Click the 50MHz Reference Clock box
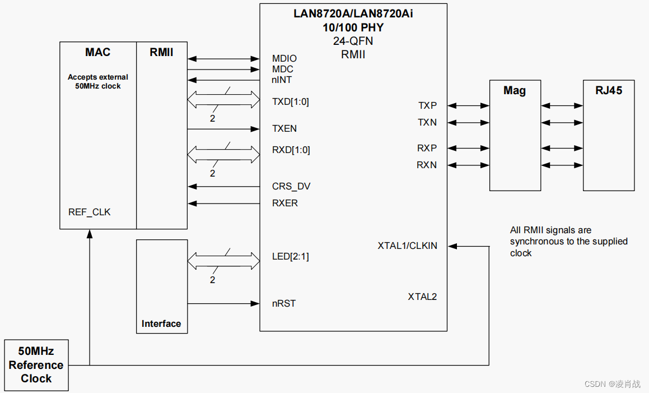coord(36,365)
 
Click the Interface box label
coord(161,323)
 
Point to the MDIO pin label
coord(284,58)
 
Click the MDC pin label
coord(283,69)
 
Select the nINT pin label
coord(282,80)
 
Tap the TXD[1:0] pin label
coord(291,101)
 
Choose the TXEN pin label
coord(284,128)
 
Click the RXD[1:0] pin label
coord(291,150)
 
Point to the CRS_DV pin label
coord(291,186)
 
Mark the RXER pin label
coord(285,203)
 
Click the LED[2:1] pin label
coord(291,257)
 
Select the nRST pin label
coord(284,303)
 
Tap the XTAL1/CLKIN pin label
coord(408,246)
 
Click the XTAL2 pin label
coord(422,297)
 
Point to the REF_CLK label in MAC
coord(90,212)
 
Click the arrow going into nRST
coord(223,303)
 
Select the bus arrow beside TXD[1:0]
coord(223,101)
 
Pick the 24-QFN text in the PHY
coord(353,41)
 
